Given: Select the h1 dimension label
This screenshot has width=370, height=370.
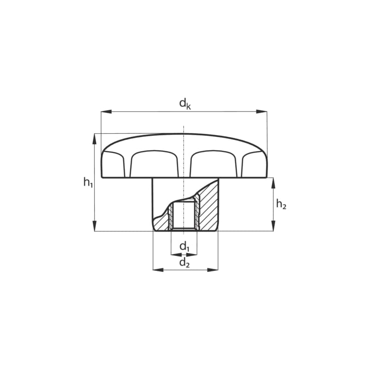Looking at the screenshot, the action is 88,182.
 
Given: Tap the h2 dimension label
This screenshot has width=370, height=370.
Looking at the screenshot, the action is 281,204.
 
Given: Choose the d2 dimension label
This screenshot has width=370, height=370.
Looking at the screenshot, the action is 185,263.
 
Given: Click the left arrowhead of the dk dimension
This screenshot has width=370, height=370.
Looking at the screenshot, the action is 106,111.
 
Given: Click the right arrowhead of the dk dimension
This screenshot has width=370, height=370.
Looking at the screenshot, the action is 262,111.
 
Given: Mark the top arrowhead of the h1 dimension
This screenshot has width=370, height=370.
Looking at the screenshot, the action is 94,139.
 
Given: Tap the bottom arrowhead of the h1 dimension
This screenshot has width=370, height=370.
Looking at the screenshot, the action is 94,226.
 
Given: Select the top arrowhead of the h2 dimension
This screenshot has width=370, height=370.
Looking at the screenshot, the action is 273,183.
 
